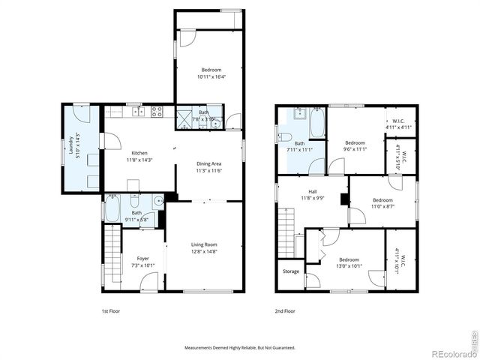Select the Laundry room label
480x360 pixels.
(x=71, y=148)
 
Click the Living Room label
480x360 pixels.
(x=203, y=244)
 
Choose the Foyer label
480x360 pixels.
(x=142, y=259)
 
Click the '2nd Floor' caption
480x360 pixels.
(x=285, y=310)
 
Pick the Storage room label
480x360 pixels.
(x=290, y=271)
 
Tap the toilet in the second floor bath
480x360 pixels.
(x=284, y=136)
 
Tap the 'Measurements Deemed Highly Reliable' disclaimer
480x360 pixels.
(x=240, y=347)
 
